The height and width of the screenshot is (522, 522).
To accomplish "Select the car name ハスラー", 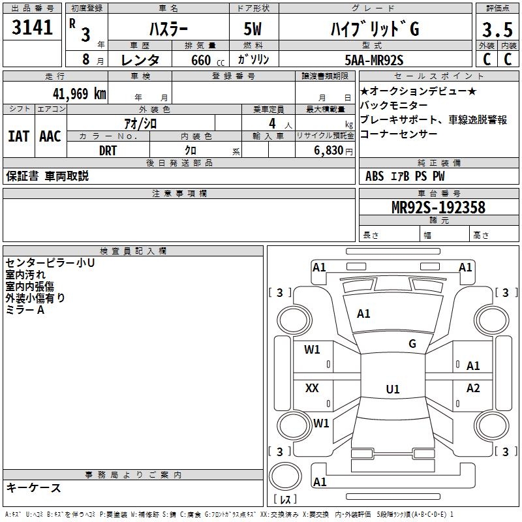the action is [168, 30].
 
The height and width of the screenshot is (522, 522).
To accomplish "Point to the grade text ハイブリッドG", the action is [373, 30].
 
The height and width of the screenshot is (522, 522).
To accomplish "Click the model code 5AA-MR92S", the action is [374, 61].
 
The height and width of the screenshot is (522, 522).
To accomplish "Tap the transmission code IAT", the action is [19, 136].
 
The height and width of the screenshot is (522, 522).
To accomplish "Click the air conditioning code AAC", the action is [50, 136].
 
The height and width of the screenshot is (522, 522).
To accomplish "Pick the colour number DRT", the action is [108, 149].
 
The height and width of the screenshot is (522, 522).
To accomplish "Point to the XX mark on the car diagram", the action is [312, 388].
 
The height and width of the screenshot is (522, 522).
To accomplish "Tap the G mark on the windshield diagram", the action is [412, 344].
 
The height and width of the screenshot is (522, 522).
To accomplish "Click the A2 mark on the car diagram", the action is [473, 388].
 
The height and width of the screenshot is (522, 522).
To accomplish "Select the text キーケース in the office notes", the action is [34, 487].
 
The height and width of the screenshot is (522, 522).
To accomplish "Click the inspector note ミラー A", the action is [25, 310].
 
